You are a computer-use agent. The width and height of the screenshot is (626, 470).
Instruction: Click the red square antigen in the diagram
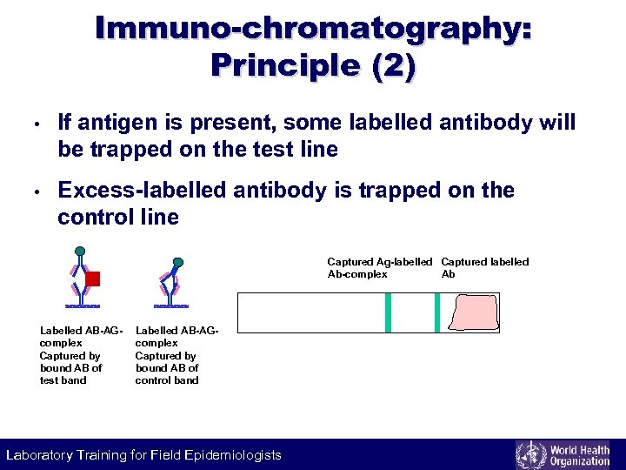[x=93, y=279]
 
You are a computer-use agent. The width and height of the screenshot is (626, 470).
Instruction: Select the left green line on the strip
[x=389, y=312]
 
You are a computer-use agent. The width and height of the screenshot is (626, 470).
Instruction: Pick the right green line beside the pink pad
[x=436, y=312]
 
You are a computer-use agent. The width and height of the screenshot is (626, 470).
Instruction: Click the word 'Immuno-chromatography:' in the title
[x=313, y=28]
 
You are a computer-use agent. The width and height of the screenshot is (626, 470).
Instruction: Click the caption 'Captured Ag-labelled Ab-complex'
[x=379, y=267]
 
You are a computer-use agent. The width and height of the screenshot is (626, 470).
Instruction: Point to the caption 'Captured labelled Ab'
[x=484, y=267]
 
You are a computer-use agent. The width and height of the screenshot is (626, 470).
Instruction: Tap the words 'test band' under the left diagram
[x=63, y=380]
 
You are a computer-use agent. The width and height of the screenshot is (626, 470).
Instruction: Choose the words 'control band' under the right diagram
[x=167, y=380]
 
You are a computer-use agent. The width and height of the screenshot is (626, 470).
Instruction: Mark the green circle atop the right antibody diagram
[x=177, y=261]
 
